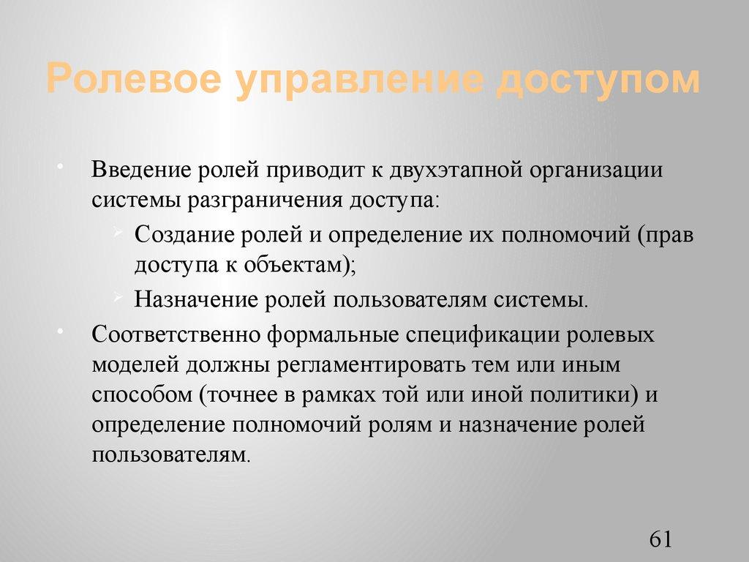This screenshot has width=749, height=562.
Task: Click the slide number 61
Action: coord(660,539)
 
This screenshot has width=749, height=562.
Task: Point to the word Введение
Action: coord(140,170)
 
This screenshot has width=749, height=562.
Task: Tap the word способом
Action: coord(140,395)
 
